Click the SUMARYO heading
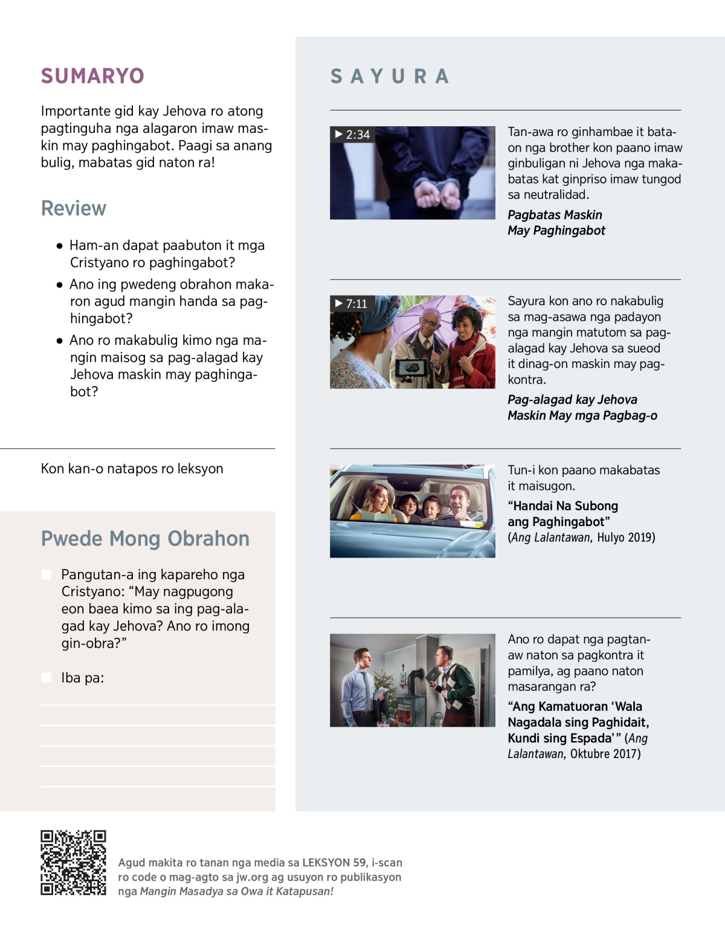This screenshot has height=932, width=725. point(92,76)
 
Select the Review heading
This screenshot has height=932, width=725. point(74,208)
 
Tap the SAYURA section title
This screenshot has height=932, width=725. point(390,76)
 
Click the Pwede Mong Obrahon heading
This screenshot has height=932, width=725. point(145,538)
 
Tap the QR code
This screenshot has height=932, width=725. point(73,862)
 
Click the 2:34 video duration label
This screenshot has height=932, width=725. point(353,135)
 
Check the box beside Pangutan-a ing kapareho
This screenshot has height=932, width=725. point(46,574)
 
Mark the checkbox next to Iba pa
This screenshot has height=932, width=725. point(46,677)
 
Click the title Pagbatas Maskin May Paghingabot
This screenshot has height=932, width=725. point(556,222)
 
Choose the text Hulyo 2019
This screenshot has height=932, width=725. point(626,538)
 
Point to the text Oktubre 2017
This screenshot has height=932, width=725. point(605,754)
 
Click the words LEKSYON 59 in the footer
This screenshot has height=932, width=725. point(335,863)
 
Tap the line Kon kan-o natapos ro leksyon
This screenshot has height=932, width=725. point(132,469)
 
